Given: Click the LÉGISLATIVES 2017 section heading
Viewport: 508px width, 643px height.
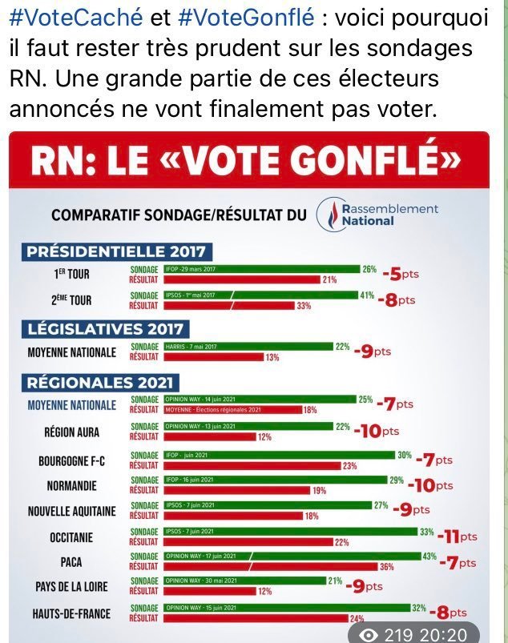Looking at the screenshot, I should click(107, 328).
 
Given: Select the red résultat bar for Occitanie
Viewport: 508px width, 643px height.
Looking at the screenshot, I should click(248, 542).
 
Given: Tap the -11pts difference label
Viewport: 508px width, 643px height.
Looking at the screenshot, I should click(458, 537).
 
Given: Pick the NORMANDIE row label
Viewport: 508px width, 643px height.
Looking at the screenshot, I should click(73, 485).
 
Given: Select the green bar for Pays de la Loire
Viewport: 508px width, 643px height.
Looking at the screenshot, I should click(244, 581).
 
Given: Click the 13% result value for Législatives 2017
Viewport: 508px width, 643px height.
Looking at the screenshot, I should click(272, 357).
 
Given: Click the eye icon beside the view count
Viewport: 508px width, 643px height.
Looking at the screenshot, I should click(369, 633).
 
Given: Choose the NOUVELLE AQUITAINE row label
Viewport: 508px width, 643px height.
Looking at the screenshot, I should click(71, 511).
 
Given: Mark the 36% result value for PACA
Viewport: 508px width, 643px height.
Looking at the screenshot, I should click(386, 567).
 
